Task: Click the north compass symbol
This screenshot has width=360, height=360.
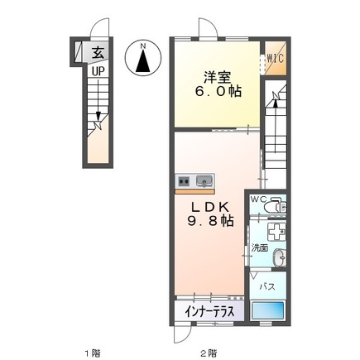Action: (x=143, y=59)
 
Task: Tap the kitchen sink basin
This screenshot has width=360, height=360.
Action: (x=204, y=180)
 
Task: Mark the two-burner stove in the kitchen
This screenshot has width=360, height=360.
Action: (x=184, y=180)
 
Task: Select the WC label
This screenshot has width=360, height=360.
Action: (x=257, y=199)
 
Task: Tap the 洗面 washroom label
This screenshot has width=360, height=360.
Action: (x=260, y=246)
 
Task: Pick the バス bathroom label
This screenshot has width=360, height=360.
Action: (x=267, y=286)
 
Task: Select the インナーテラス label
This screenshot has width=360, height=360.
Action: (x=210, y=311)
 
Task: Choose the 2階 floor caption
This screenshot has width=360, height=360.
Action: (x=209, y=351)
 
